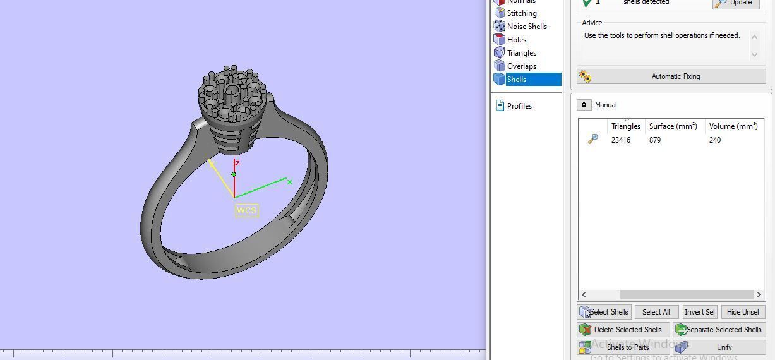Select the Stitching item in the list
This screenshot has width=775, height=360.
pos(522,13)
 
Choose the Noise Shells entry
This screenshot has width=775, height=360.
pos(527,27)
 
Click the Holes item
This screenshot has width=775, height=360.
pos(516,40)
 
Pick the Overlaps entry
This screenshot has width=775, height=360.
pos(521,66)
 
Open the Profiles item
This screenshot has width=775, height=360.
pos(519,106)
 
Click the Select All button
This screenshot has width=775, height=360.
pos(656,312)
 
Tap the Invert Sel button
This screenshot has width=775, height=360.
pos(699,312)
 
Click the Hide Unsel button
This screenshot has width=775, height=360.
pos(743,312)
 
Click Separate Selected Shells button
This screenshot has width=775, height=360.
pos(719,330)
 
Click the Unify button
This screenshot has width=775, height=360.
pos(719,347)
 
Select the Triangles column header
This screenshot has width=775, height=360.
pos(625,126)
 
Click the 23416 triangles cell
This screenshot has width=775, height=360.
pos(621,140)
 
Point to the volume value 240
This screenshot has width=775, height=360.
pos(715,140)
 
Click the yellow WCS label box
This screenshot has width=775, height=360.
pos(246,210)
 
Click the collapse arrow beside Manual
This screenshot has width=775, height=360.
pos(584,105)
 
